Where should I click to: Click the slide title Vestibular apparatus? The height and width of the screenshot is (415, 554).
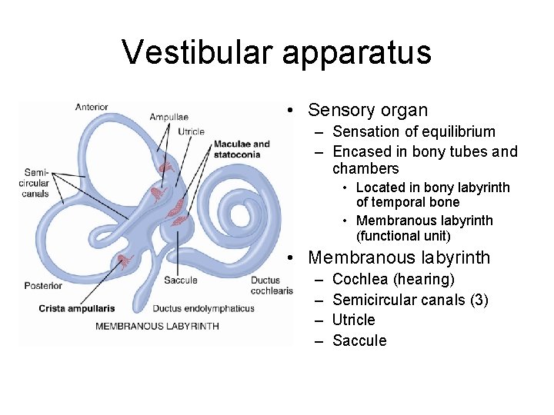click(x=276, y=52)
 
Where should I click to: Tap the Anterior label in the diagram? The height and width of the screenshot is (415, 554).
click(x=92, y=107)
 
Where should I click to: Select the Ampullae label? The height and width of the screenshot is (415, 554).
click(x=169, y=117)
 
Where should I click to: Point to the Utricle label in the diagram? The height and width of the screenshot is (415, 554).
click(x=191, y=131)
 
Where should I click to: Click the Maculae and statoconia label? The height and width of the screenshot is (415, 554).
click(x=242, y=149)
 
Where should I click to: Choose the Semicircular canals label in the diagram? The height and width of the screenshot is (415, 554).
click(x=36, y=183)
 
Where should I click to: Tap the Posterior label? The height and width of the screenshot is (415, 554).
click(x=42, y=286)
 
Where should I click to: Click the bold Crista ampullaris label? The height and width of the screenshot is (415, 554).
click(x=77, y=309)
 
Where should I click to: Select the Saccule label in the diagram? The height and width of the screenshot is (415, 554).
click(x=180, y=281)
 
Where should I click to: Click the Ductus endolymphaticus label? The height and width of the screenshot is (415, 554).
click(x=203, y=309)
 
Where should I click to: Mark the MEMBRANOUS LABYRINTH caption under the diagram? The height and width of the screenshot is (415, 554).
click(x=157, y=326)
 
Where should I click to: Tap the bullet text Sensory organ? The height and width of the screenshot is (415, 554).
click(x=367, y=111)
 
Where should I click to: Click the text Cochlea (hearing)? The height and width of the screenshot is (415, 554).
click(x=393, y=279)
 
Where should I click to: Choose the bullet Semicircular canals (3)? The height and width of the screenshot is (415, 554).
click(x=410, y=300)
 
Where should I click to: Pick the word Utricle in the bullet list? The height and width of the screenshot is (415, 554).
click(x=353, y=320)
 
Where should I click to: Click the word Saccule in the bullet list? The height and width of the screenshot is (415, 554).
click(x=359, y=340)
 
